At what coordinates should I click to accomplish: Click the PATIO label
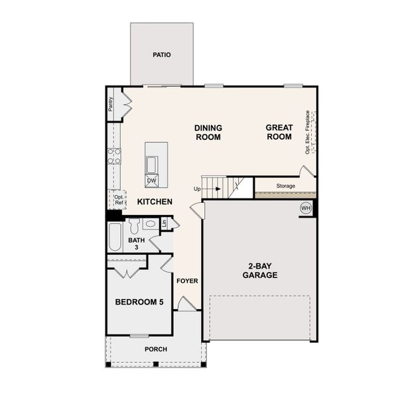tap(162, 55)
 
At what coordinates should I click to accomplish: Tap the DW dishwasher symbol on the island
tap(151, 180)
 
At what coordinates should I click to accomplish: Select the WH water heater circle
tap(306, 208)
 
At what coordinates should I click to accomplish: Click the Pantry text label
tap(111, 104)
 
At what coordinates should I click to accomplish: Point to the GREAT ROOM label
tap(279, 132)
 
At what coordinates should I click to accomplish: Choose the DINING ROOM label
tap(208, 132)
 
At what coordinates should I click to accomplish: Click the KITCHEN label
tap(155, 202)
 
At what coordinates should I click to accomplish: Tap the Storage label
tap(286, 186)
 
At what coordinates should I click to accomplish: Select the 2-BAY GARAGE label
tap(259, 270)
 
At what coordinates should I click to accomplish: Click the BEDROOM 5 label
tap(139, 302)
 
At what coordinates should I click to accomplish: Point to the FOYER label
tap(187, 281)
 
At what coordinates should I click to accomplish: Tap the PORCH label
tap(156, 349)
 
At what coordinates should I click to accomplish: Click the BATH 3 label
tap(136, 243)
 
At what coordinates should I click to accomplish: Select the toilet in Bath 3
tap(135, 226)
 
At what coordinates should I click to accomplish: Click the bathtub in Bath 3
tap(115, 237)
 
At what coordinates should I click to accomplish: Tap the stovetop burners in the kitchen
tap(114, 156)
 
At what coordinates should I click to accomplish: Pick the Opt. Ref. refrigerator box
tap(117, 200)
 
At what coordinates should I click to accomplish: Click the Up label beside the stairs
tap(197, 189)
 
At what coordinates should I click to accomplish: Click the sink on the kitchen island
tap(152, 164)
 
